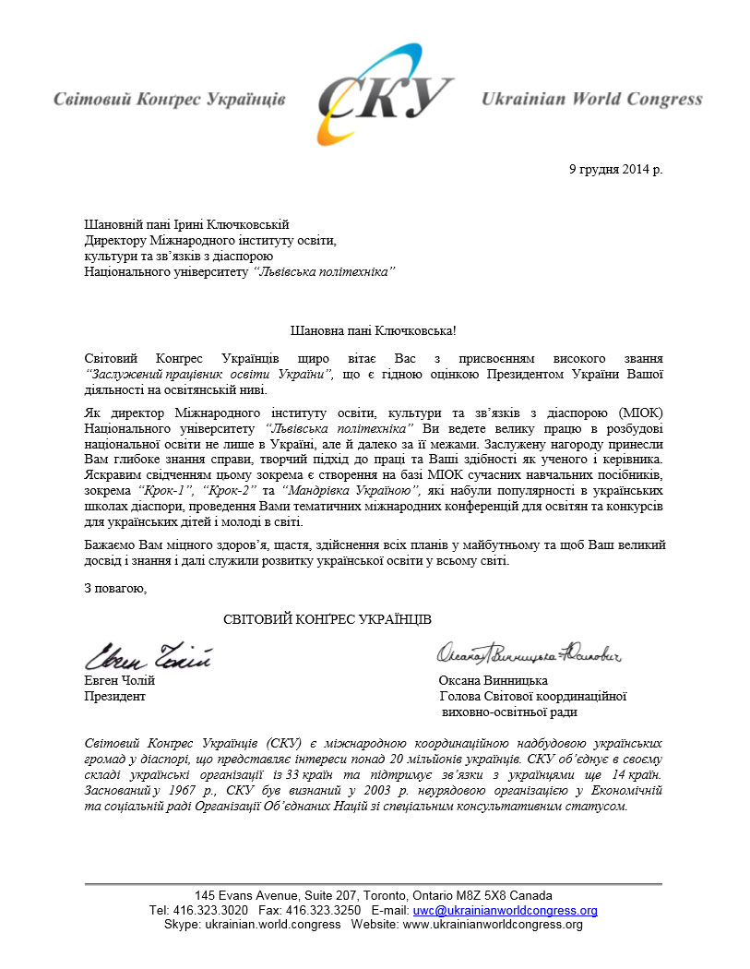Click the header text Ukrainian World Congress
[591, 99]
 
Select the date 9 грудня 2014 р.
[615, 169]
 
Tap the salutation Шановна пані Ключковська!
[374, 329]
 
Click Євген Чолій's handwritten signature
[149, 657]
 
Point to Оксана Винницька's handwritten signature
[530, 654]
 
